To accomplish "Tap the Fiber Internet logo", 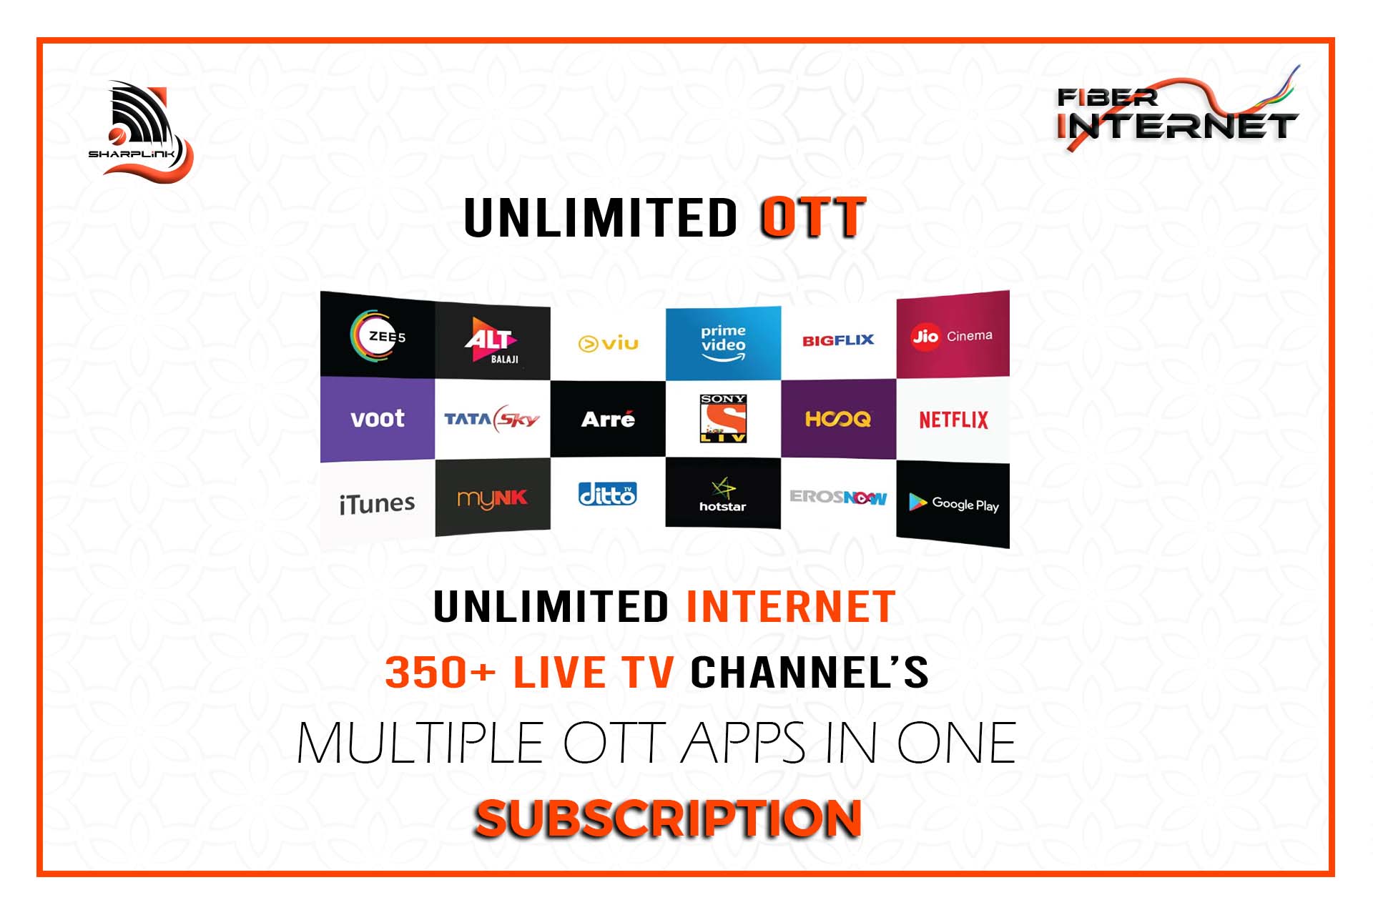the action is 1178,109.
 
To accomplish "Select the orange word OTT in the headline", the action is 813,218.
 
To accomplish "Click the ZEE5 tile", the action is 378,335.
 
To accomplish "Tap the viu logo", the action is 608,344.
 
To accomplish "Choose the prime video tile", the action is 723,343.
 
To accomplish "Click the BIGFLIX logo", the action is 838,340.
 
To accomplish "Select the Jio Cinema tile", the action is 953,334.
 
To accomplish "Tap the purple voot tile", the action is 378,419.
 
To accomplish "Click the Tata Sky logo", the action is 492,419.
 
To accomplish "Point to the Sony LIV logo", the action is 723,418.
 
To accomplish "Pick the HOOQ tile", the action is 838,419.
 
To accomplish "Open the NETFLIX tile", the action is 953,420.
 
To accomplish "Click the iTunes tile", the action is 378,503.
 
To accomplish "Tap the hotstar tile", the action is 723,493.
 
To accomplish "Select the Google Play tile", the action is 953,504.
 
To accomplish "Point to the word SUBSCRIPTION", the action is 668,818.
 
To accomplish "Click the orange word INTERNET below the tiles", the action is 790,607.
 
